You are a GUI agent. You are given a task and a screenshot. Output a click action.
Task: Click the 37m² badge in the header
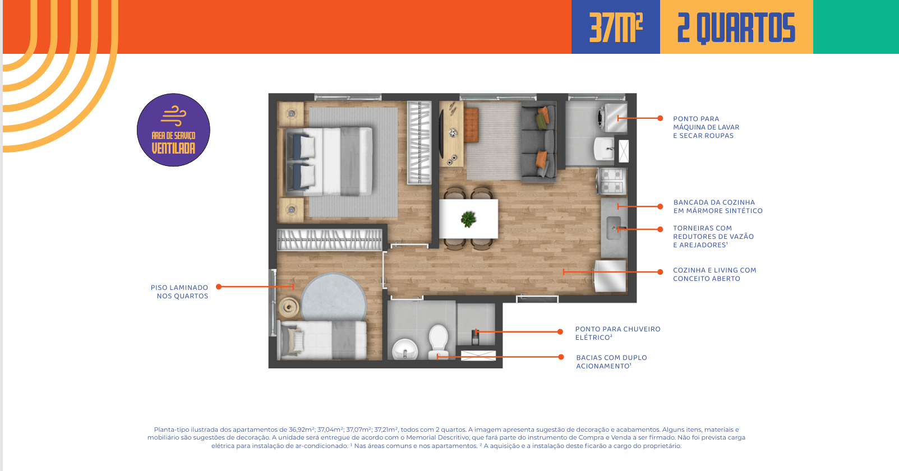(x=616, y=27)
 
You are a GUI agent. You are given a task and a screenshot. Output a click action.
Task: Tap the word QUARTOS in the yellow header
(x=745, y=27)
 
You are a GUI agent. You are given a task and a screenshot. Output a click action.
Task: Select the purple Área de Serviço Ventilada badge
(x=173, y=130)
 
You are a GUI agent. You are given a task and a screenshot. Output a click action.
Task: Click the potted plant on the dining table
(x=468, y=219)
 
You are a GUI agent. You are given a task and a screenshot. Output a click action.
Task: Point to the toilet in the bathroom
(x=438, y=341)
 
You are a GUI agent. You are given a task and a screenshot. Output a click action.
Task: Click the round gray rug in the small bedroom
(x=334, y=296)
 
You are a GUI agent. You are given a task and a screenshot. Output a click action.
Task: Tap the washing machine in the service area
(x=612, y=118)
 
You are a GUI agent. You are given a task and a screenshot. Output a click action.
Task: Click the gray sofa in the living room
(x=539, y=142)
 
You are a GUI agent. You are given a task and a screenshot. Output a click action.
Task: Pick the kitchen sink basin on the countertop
(x=614, y=228)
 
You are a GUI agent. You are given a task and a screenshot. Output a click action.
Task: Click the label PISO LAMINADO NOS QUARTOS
(x=179, y=292)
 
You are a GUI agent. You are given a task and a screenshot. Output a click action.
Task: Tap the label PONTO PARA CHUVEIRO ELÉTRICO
(x=617, y=333)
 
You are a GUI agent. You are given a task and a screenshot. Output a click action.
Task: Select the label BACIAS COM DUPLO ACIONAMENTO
(x=611, y=362)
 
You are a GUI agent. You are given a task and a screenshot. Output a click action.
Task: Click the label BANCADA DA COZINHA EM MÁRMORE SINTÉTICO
(x=718, y=206)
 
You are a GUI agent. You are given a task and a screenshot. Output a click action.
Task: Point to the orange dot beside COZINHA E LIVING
(x=660, y=272)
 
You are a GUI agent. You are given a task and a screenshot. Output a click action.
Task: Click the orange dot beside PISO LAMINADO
(x=219, y=287)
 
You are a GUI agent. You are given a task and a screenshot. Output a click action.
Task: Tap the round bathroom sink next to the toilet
(x=405, y=350)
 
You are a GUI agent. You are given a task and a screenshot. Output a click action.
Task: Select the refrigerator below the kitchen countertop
(x=610, y=276)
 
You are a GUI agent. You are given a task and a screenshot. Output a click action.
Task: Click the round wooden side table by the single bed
(x=289, y=307)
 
